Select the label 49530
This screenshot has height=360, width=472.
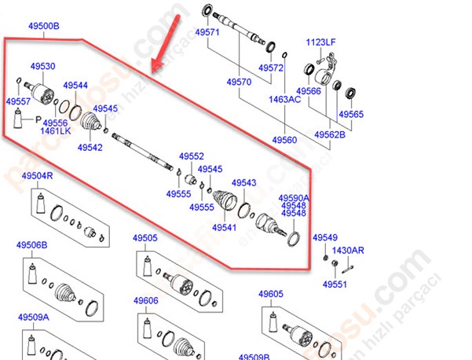tap(42, 67)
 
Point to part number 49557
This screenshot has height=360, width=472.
tap(18, 101)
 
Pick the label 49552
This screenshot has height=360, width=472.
tap(192, 156)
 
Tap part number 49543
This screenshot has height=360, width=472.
tap(244, 182)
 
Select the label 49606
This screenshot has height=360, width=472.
tap(145, 300)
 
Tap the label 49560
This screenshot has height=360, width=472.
tap(284, 139)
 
